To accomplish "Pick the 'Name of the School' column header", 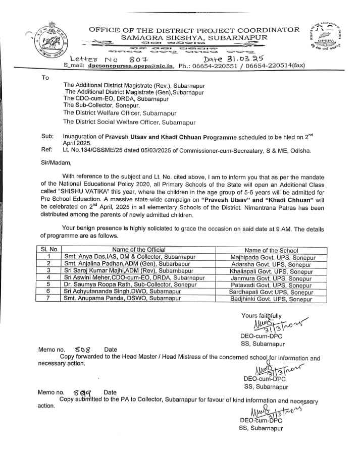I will [271, 250].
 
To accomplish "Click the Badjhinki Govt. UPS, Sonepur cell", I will [272, 299].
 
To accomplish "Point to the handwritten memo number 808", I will [82, 349].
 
